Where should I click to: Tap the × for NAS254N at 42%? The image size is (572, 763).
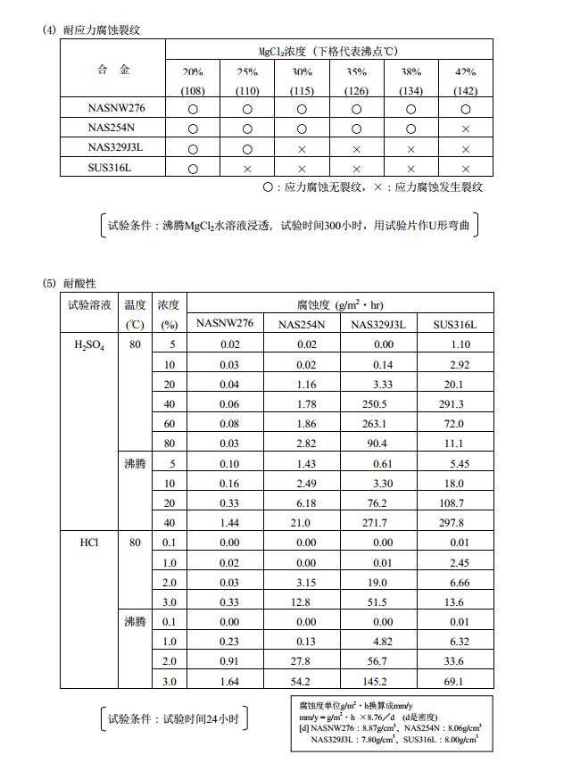[x=465, y=129]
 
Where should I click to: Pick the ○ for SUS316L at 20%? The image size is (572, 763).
[x=193, y=168]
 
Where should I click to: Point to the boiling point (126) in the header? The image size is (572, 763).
[x=356, y=91]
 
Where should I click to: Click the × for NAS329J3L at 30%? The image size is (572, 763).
[x=302, y=148]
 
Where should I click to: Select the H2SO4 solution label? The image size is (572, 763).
[x=89, y=344]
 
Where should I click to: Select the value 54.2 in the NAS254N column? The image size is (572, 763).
[x=302, y=681]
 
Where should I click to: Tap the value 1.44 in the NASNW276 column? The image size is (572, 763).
[x=230, y=523]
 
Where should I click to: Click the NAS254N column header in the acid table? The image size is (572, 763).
[x=302, y=325]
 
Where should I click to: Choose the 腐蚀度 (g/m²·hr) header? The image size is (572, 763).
[x=340, y=304]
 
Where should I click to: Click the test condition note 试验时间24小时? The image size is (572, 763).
[x=172, y=717]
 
